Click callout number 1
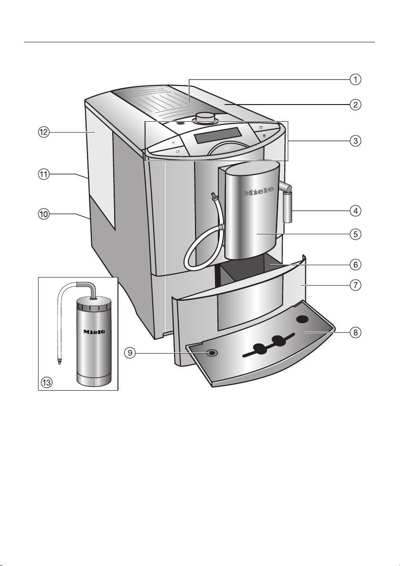[x=356, y=79]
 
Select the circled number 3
[x=356, y=141]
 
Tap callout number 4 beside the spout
[x=356, y=211]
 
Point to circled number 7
[x=356, y=285]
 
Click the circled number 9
[x=130, y=353]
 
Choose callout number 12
[x=44, y=133]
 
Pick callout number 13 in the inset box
[x=47, y=382]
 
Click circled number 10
[x=44, y=214]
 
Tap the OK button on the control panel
[x=227, y=148]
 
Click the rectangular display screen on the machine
[x=217, y=135]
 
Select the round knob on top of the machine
[x=205, y=118]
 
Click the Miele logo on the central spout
[x=258, y=192]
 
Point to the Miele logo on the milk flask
[x=94, y=331]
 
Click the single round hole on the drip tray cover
[x=303, y=319]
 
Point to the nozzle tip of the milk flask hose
[x=59, y=360]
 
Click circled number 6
[x=356, y=265]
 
